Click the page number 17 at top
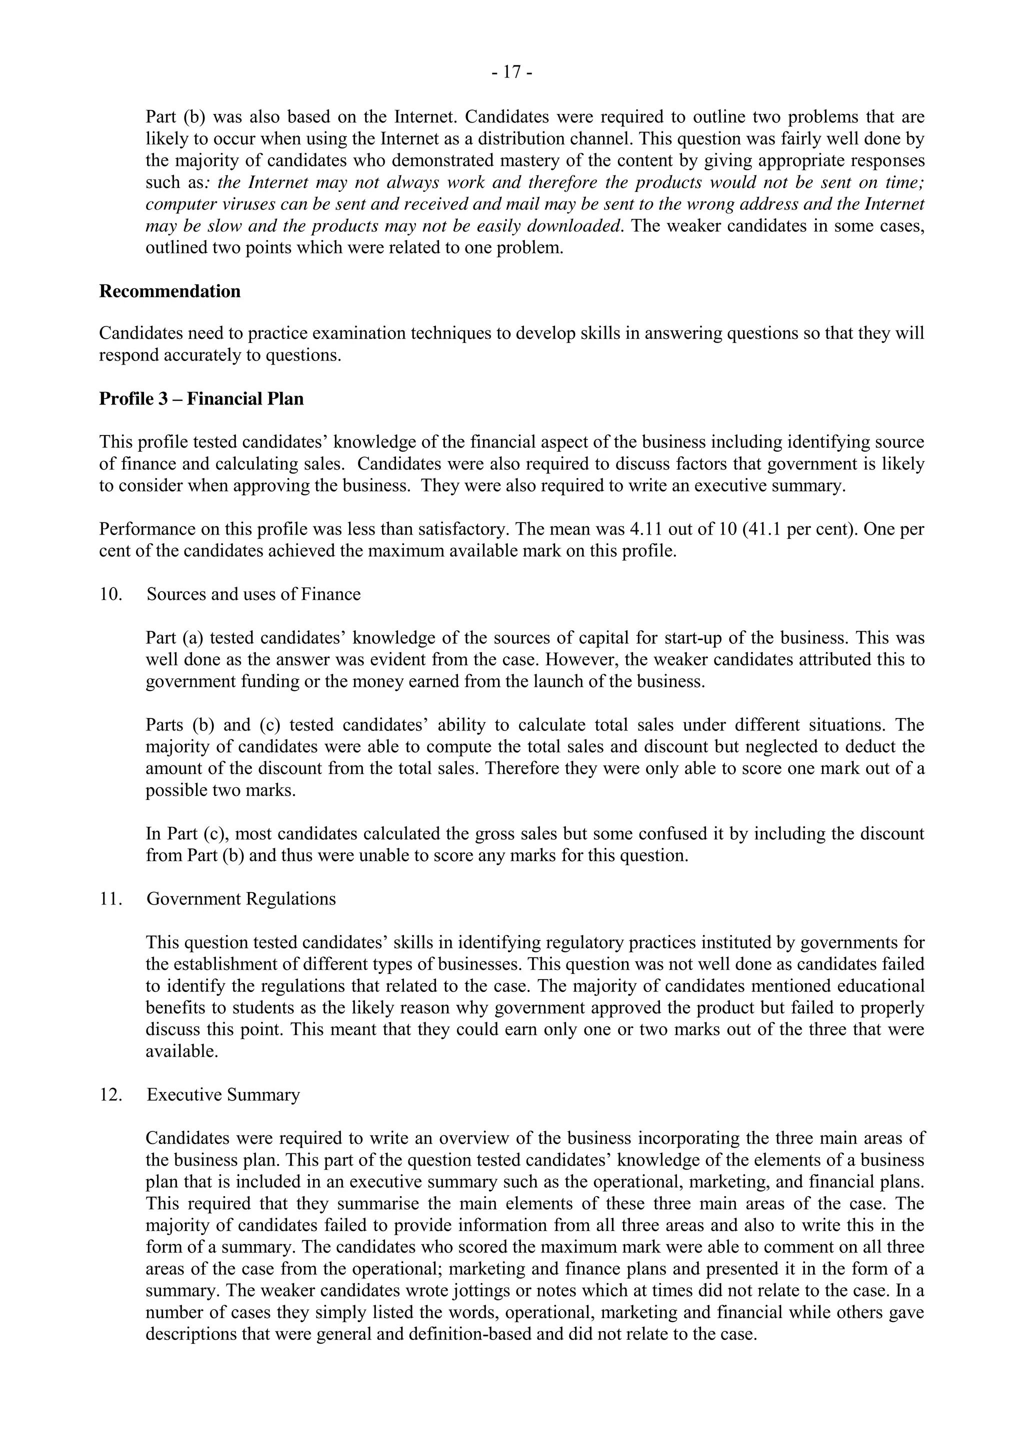pyautogui.click(x=512, y=73)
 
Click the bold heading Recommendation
pyautogui.click(x=169, y=291)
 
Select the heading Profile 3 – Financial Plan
pyautogui.click(x=201, y=398)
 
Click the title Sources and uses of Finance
pyautogui.click(x=253, y=594)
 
